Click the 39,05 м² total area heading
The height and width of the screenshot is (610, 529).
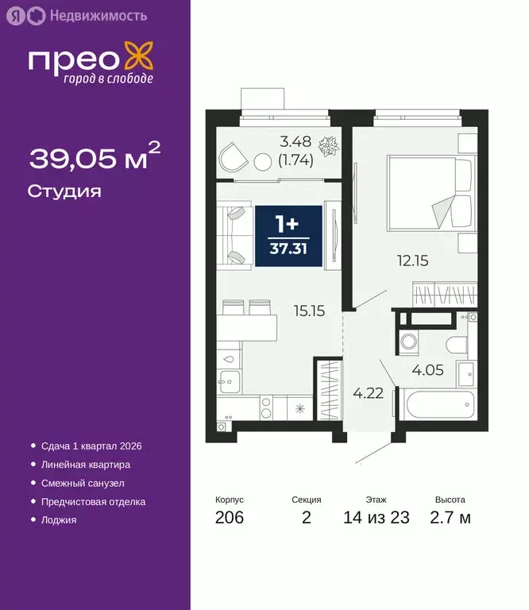point(95,156)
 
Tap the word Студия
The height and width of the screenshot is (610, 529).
point(64,191)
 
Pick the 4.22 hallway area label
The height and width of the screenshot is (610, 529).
point(368,392)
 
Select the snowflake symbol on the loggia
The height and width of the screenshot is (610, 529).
point(327,147)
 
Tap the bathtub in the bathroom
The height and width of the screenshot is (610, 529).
point(433,404)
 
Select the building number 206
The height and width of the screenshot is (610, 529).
point(230,518)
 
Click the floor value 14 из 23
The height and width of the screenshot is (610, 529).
point(376,518)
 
